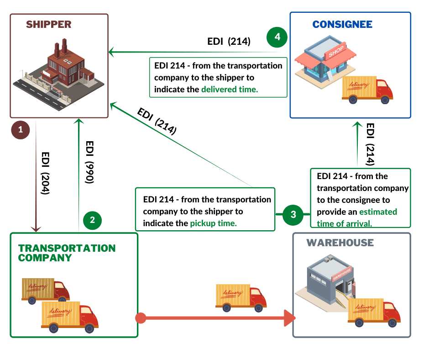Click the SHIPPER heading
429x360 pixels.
[x=49, y=25]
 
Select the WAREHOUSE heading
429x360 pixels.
[x=340, y=243]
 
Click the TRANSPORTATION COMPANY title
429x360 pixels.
[x=67, y=253]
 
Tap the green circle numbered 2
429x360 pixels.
[x=93, y=220]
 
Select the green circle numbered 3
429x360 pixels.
[x=293, y=214]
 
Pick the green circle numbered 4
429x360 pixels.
[x=277, y=37]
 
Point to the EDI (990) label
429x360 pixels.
[x=89, y=162]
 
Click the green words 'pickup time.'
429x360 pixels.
[x=213, y=223]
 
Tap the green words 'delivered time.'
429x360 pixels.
[x=230, y=90]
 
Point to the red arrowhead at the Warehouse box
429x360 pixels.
[x=289, y=318]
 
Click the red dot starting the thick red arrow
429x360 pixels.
[x=141, y=318]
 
